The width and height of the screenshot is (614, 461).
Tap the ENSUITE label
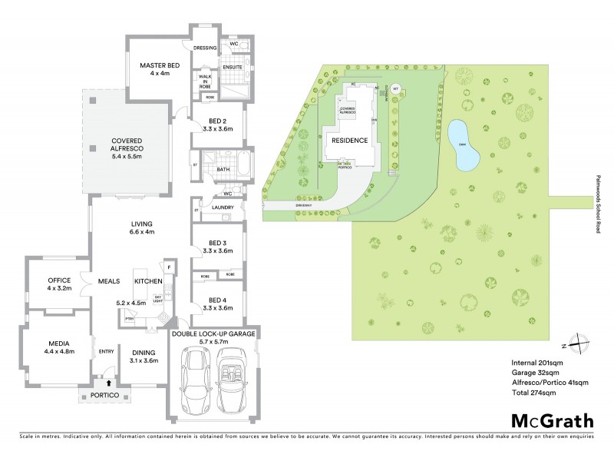pyautogui.click(x=233, y=68)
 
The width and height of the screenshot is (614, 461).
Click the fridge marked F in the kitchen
pyautogui.click(x=169, y=267)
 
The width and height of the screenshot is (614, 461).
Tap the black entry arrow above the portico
pyautogui.click(x=108, y=381)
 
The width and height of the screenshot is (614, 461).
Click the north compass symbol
pyautogui.click(x=581, y=343)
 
